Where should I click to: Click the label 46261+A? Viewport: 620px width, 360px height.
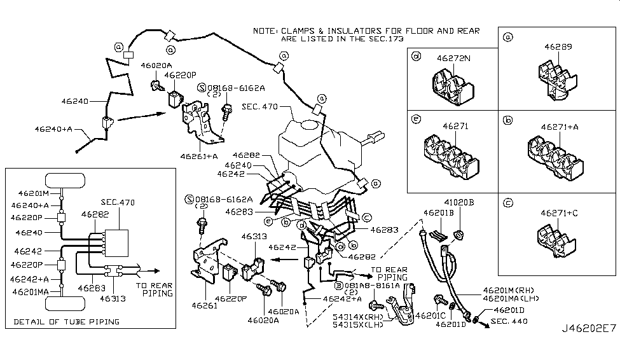[x=198, y=155]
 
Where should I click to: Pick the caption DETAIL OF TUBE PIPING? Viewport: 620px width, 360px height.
[x=66, y=322]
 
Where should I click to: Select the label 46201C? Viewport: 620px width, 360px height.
[x=431, y=315]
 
